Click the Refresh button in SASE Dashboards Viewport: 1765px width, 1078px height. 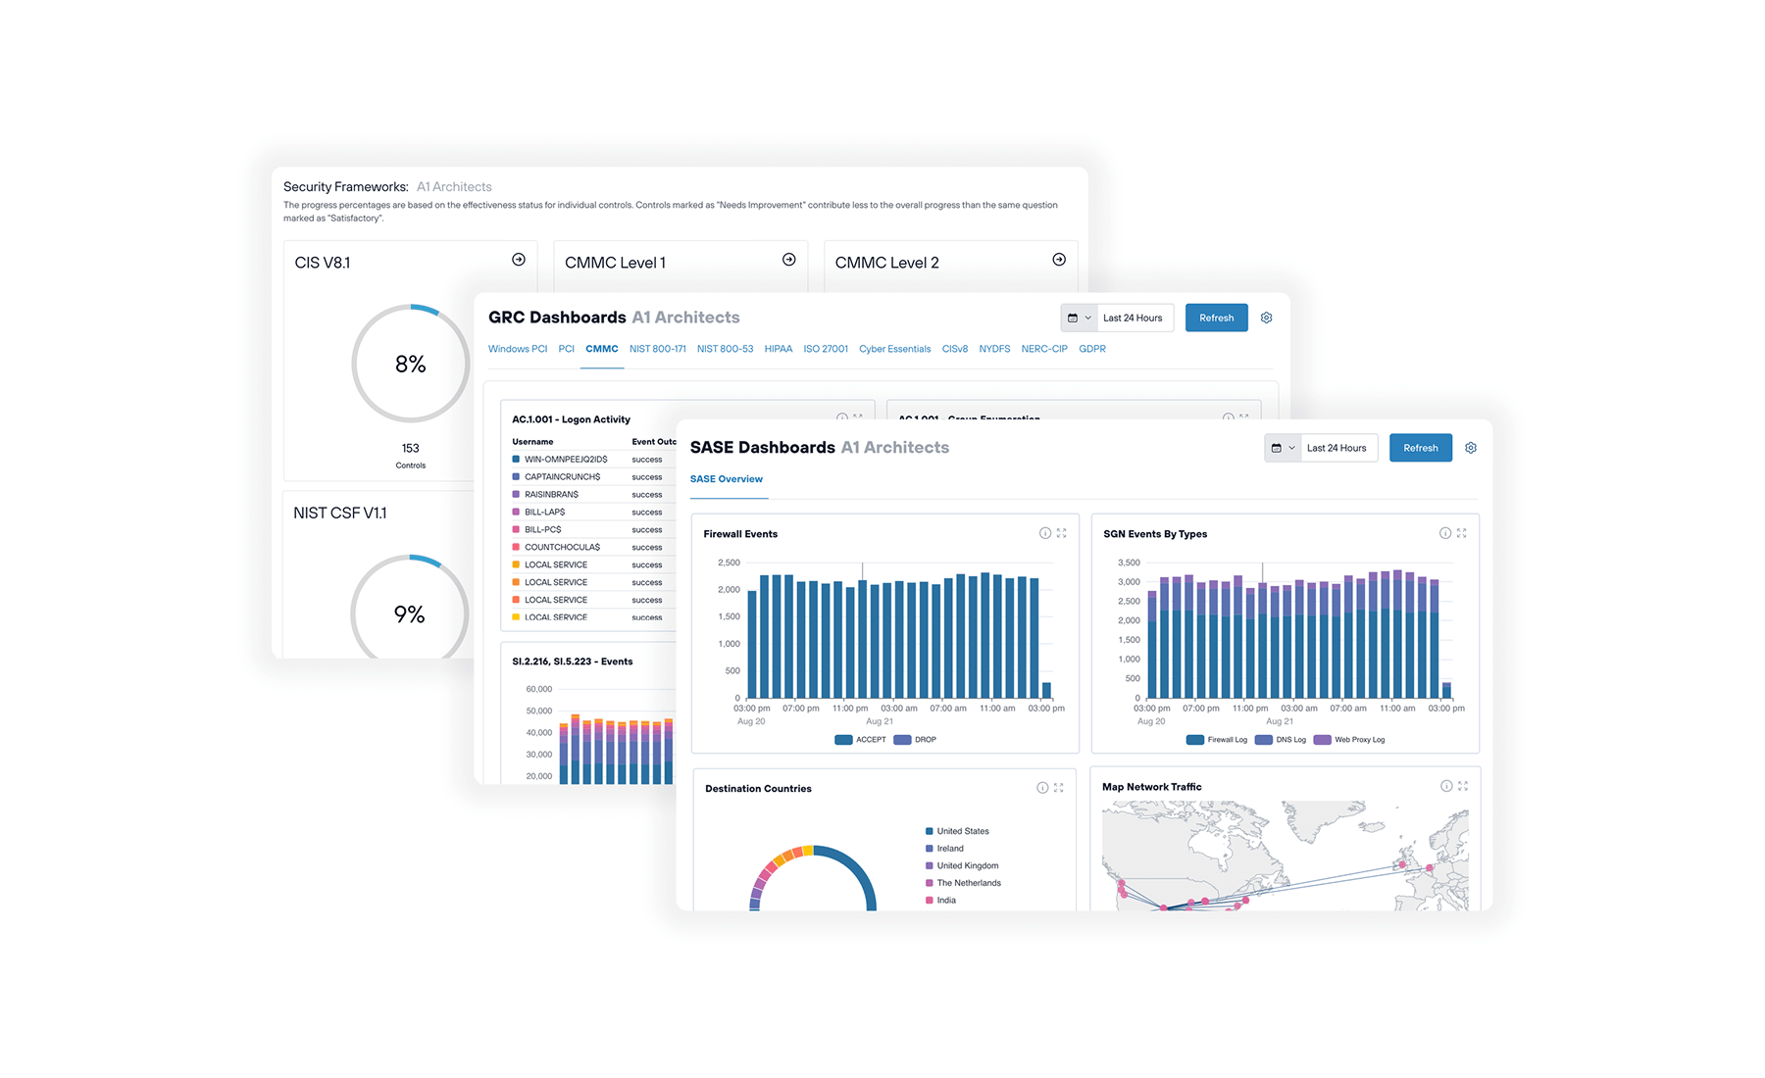pos(1420,448)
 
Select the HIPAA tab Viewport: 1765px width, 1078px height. pos(778,349)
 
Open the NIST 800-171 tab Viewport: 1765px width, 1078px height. pos(657,349)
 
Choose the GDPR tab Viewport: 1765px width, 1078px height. pos(1091,349)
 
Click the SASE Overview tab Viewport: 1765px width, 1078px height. pos(726,479)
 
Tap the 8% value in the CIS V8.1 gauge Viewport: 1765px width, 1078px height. pos(410,365)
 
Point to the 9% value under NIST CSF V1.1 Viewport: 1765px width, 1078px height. pos(409,614)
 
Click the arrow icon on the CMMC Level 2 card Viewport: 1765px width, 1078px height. pos(1059,260)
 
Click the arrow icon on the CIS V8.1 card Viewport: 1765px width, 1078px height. pos(519,260)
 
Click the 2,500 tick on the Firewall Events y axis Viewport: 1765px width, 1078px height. pos(729,563)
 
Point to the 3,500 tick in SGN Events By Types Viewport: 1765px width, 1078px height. pos(1129,563)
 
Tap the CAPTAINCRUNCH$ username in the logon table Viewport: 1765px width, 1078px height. pos(562,477)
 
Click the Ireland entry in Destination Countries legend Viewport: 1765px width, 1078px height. pos(949,849)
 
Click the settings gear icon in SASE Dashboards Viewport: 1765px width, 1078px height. pos(1471,448)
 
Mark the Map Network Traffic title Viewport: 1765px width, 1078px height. pos(1151,787)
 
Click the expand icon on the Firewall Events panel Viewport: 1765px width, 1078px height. pos(1061,533)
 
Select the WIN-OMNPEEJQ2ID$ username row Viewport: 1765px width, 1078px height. pos(566,460)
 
